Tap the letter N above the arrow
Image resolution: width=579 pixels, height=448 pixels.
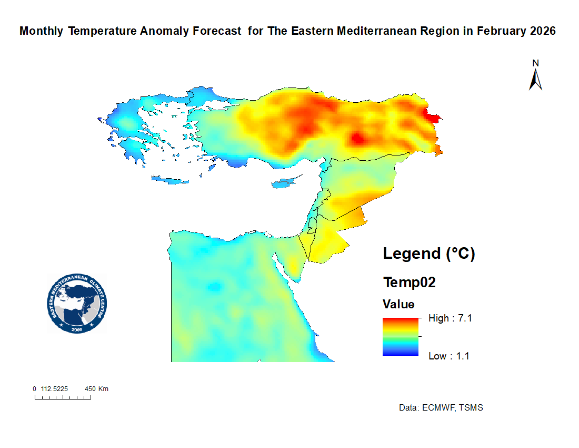point(536,63)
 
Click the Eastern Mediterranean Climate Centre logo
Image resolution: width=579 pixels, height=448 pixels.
point(76,304)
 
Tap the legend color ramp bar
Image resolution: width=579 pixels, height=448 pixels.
point(401,337)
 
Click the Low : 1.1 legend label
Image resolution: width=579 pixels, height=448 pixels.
point(449,356)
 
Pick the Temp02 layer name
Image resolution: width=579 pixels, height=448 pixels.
point(410,283)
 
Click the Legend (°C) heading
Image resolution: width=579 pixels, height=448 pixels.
point(429,254)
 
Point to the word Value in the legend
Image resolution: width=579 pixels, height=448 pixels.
point(398,304)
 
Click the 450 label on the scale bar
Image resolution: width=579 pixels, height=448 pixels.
point(90,389)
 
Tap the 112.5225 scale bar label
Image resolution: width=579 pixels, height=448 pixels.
point(55,389)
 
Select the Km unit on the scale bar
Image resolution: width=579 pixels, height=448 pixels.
point(103,389)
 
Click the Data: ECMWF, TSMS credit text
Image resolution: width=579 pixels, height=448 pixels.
point(441,408)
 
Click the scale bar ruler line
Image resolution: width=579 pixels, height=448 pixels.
point(63,398)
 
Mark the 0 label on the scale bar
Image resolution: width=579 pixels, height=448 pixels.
point(34,389)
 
